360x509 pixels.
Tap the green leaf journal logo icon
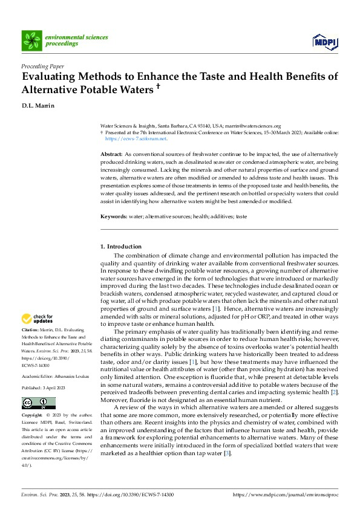coord(31,41)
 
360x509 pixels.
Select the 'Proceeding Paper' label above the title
coord(42,66)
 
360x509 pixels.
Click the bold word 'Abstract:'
coord(111,155)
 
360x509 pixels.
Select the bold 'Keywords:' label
coord(113,216)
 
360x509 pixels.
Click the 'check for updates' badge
coord(37,319)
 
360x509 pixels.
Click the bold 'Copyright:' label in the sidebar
coord(33,417)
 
